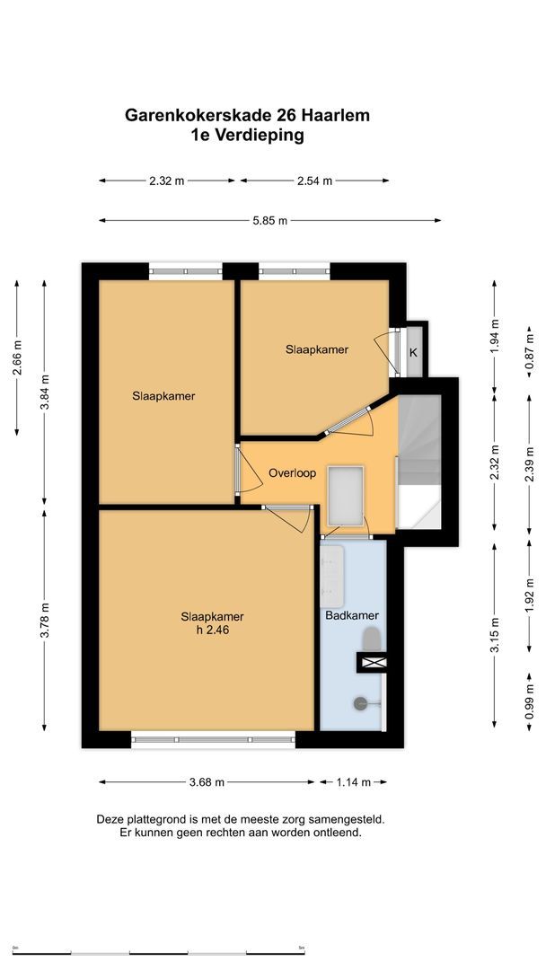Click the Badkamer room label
(352, 615)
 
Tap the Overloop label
(292, 473)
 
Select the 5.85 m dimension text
(270, 220)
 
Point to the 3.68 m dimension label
(207, 782)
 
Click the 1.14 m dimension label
(354, 782)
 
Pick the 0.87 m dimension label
(529, 351)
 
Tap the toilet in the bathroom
(372, 639)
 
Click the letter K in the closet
(414, 353)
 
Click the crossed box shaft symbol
(374, 663)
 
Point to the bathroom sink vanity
(332, 577)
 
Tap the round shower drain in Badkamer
(360, 702)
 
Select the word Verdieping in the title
(260, 135)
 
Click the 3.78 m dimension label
(45, 621)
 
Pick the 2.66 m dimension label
(17, 357)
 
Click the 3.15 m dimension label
(495, 634)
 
